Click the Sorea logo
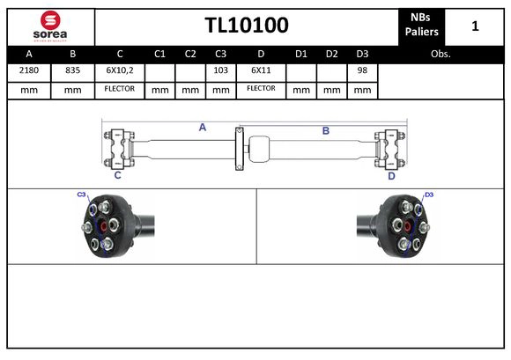[50, 26]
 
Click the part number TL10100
[246, 26]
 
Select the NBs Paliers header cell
[421, 26]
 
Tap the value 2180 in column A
[29, 70]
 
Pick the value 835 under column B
[72, 70]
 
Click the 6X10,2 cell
[119, 70]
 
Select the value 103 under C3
[220, 70]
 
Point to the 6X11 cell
[261, 70]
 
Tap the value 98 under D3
[361, 70]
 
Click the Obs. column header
[441, 54]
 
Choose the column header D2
[331, 54]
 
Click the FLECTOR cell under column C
[119, 89]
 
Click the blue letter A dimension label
[202, 128]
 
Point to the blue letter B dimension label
[325, 130]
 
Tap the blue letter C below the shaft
[117, 175]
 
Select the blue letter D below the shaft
[391, 175]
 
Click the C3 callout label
[81, 194]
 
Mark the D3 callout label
[429, 195]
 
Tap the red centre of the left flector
[106, 229]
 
